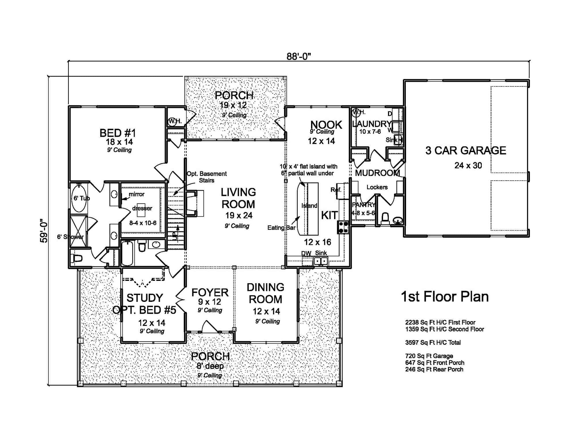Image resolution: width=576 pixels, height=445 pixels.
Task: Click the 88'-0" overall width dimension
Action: point(299,56)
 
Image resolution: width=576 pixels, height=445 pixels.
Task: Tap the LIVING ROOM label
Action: point(238,198)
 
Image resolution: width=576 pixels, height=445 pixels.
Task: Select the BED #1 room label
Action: point(118,133)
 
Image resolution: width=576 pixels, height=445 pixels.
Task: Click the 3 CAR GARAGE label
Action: point(465,151)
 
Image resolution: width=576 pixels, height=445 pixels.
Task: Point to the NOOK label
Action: point(326,125)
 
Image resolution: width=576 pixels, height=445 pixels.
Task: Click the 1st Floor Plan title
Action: point(445,297)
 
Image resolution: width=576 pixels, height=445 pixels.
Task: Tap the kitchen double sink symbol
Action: point(321,261)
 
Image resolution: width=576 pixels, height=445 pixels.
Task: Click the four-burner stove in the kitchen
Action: point(343,227)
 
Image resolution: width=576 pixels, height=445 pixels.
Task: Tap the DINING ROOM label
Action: point(265,293)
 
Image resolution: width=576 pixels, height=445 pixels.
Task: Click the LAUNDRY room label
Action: point(371,124)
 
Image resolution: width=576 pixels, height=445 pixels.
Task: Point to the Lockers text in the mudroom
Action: point(377,187)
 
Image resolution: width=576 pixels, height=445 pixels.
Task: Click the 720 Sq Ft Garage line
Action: point(429,356)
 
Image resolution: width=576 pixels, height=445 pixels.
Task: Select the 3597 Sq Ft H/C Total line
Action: point(433,342)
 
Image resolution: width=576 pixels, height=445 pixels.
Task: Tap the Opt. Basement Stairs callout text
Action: point(206,177)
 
